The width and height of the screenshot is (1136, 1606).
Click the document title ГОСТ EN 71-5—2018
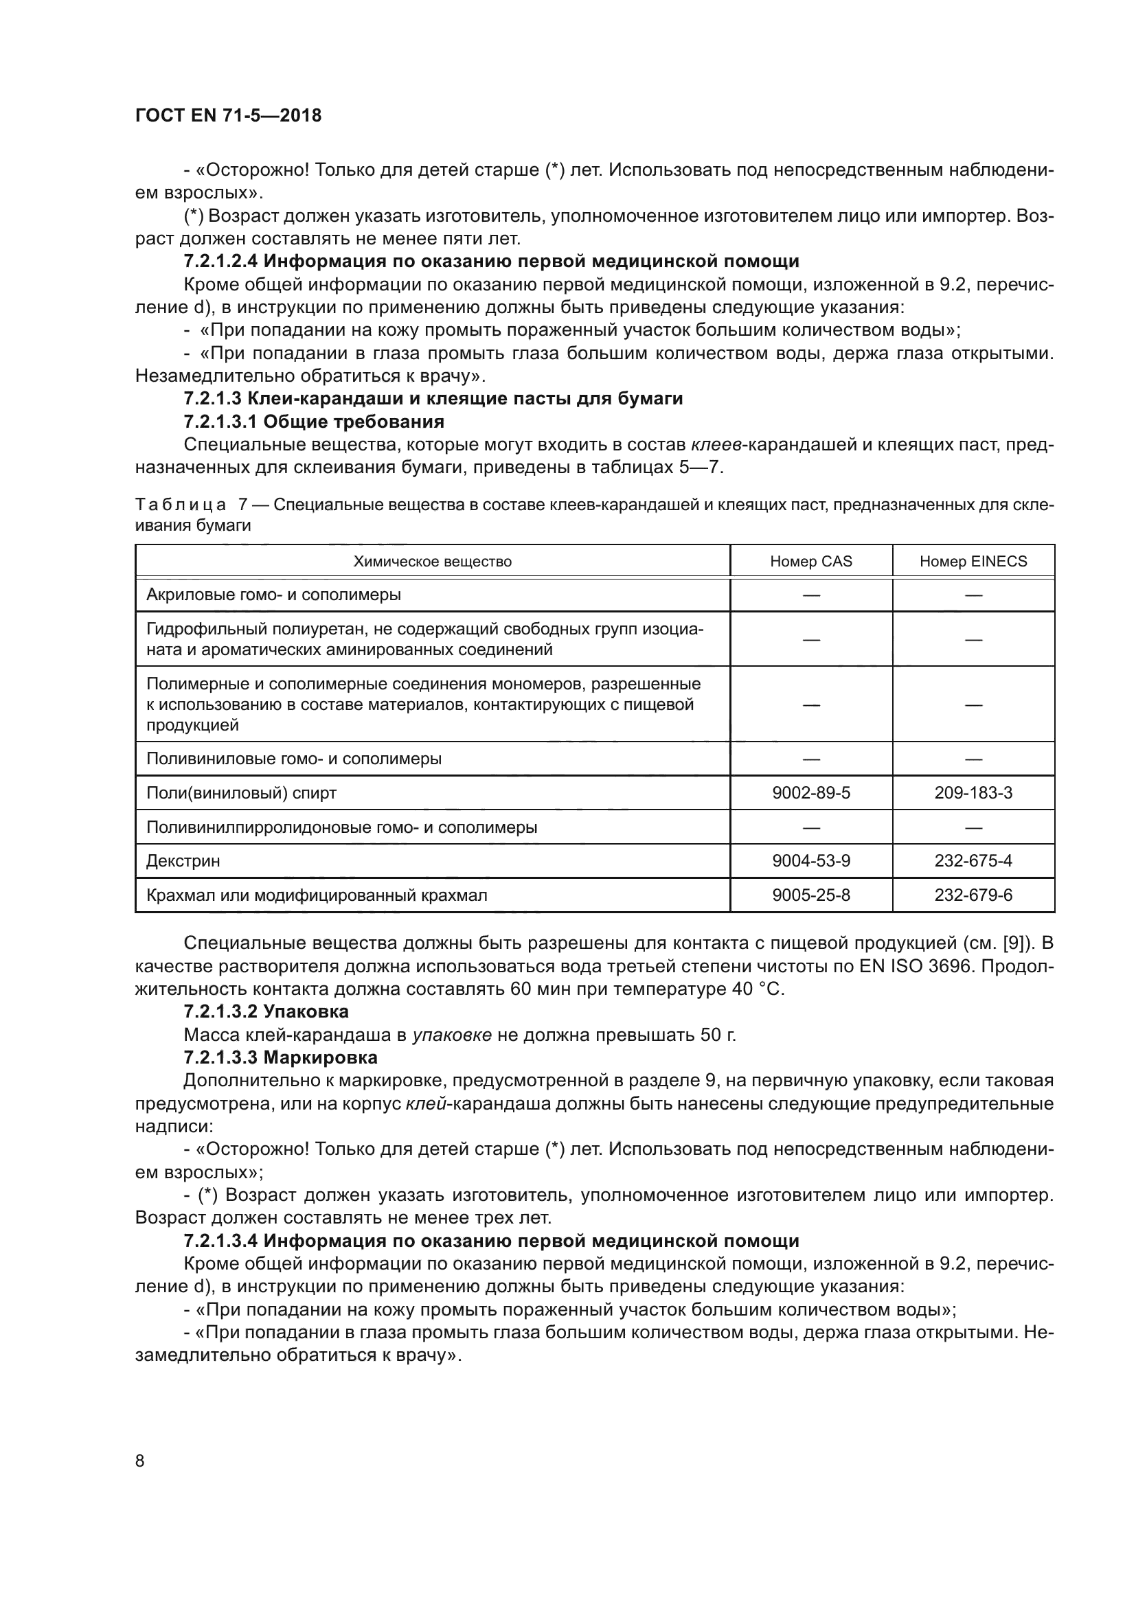click(x=228, y=115)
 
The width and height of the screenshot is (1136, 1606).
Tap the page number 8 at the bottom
click(x=140, y=1460)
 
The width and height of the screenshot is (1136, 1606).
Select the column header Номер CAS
click(x=810, y=561)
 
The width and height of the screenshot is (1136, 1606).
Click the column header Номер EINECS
click(x=973, y=561)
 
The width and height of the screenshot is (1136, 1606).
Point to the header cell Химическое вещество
click(x=432, y=561)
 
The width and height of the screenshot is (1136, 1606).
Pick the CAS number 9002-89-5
click(x=810, y=792)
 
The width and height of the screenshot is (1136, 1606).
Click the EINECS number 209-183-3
click(x=973, y=792)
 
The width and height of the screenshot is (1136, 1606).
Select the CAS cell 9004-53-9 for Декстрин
click(x=810, y=860)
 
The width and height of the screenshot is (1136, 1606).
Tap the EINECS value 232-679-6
click(x=973, y=895)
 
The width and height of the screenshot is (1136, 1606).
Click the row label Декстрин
click(x=183, y=860)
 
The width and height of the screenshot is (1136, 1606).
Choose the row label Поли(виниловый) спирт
click(x=241, y=792)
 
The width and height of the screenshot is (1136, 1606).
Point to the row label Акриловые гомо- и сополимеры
click(x=273, y=595)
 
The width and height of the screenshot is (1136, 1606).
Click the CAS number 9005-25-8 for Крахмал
click(x=810, y=895)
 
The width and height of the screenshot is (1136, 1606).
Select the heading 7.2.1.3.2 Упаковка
click(x=266, y=1011)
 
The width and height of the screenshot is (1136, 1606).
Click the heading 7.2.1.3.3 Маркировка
click(x=280, y=1057)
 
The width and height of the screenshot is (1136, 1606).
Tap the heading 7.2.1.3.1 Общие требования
click(x=314, y=421)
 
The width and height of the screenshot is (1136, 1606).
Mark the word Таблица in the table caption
click(x=181, y=505)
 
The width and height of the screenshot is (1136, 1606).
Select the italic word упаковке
click(x=452, y=1035)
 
